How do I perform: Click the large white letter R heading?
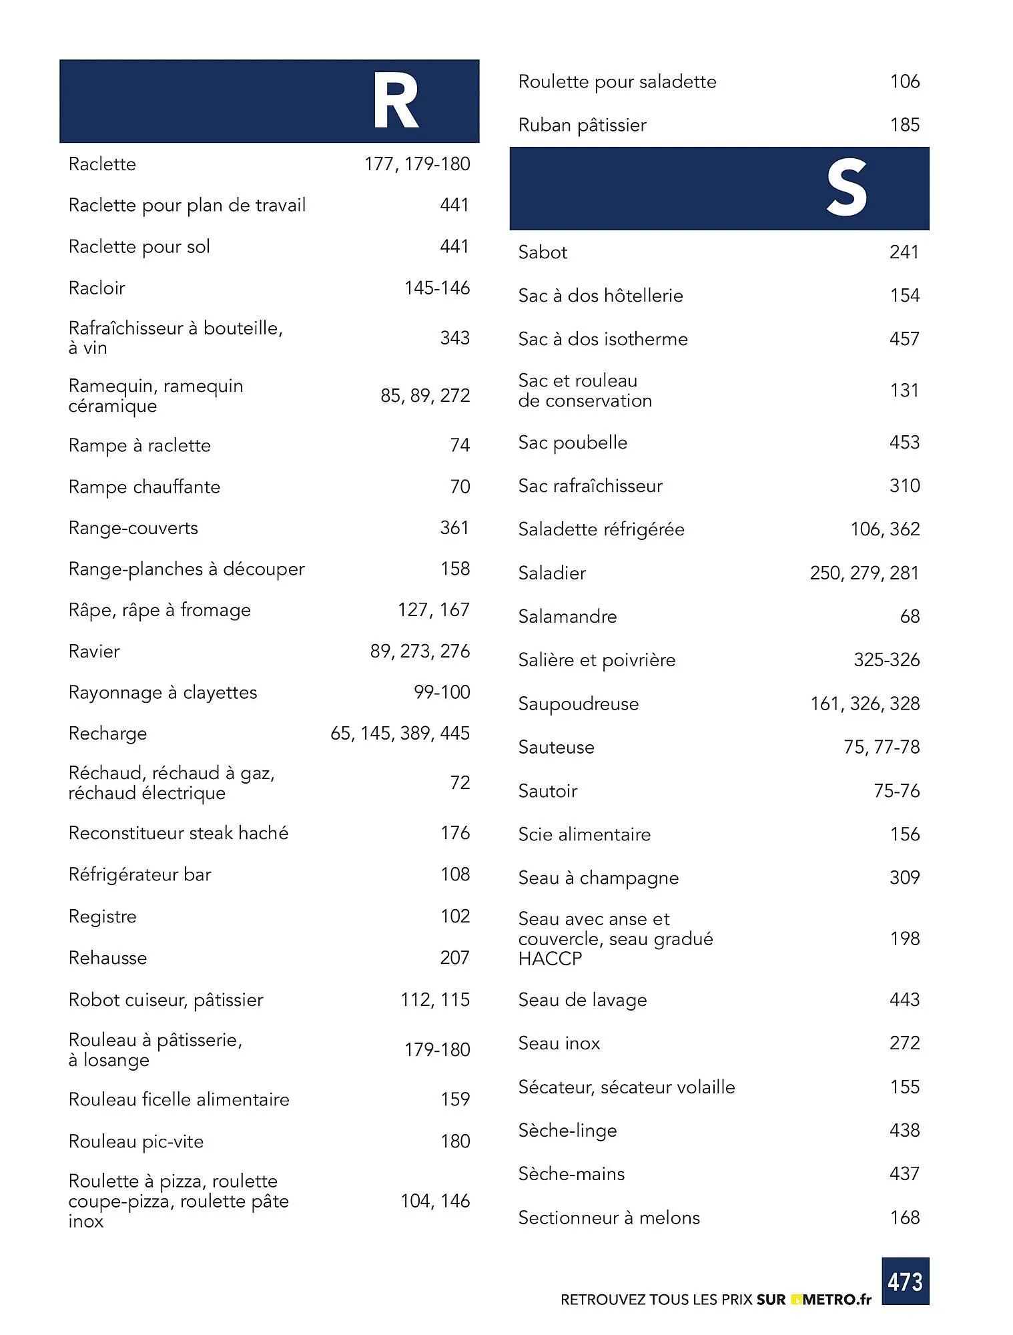point(395,102)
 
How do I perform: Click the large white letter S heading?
point(846,189)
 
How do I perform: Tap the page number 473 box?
point(905,1281)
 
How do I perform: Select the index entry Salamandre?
point(567,616)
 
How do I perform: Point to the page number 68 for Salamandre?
point(910,616)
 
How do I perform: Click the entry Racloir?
point(97,288)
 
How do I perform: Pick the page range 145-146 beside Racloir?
point(436,288)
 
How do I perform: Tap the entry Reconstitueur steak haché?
point(178,833)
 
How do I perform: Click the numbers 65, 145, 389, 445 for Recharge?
point(400,733)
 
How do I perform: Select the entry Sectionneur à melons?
point(609,1218)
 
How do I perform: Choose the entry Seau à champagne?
point(598,878)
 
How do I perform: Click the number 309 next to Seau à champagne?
point(904,877)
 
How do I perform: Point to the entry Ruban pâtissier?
point(582,125)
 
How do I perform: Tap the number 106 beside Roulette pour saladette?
point(904,81)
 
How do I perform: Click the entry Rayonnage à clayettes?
point(162,692)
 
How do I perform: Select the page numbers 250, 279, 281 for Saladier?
point(864,573)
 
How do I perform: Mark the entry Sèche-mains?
point(571,1173)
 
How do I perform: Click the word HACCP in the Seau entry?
point(550,959)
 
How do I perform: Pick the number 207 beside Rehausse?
point(454,958)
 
